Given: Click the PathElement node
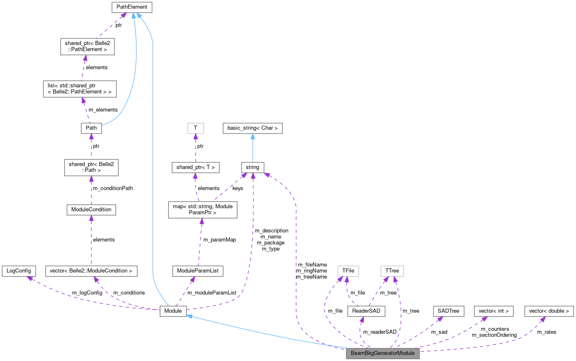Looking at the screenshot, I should click(132, 7).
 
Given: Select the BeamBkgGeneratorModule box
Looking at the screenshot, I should click(382, 353).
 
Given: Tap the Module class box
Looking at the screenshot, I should click(173, 311).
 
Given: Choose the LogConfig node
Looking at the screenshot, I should click(19, 271).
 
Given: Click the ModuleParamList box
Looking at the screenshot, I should click(198, 271).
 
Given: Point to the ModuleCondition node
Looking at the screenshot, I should click(91, 209).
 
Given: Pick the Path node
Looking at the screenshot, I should click(91, 128).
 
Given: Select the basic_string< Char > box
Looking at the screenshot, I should click(252, 128).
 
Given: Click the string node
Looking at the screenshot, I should click(252, 167).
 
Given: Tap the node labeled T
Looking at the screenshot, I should click(195, 128).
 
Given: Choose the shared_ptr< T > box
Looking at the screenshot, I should click(196, 167).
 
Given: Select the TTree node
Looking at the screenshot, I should click(392, 271).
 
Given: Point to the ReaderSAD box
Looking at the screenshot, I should click(366, 311).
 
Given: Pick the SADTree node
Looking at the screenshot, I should click(448, 311).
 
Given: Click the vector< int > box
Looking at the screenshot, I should click(494, 311).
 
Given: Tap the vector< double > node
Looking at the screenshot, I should click(549, 311).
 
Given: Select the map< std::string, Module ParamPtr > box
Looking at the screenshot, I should click(203, 209).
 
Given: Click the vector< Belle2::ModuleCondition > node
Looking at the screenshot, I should click(91, 271).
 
